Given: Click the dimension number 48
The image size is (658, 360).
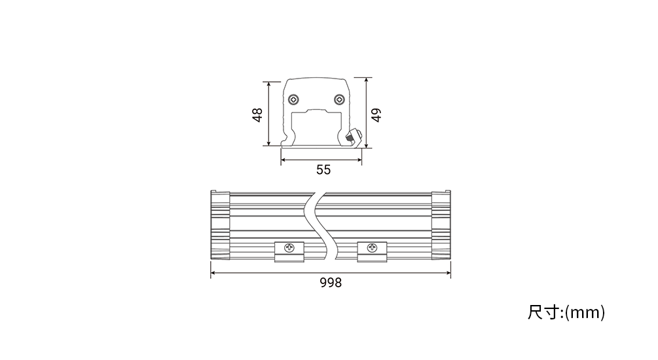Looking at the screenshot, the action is pyautogui.click(x=258, y=115).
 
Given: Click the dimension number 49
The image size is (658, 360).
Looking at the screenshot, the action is pyautogui.click(x=376, y=115).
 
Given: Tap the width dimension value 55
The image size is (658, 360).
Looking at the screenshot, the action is pyautogui.click(x=323, y=170).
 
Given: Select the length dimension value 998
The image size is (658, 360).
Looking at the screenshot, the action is pyautogui.click(x=331, y=283).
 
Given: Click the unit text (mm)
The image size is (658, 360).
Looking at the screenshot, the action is pyautogui.click(x=585, y=313).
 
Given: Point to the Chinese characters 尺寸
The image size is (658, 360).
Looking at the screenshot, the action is pyautogui.click(x=544, y=313).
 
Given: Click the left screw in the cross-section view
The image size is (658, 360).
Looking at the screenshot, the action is pyautogui.click(x=294, y=99).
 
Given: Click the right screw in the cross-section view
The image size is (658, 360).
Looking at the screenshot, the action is pyautogui.click(x=339, y=99).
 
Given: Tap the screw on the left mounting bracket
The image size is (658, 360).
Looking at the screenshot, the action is pyautogui.click(x=289, y=247).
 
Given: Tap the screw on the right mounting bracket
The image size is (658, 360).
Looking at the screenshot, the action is pyautogui.click(x=372, y=247).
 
